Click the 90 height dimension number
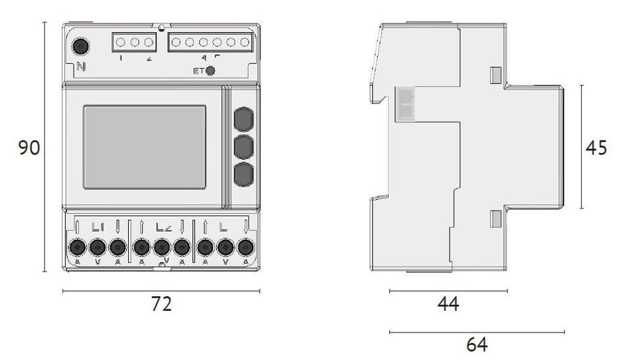pyautogui.click(x=29, y=148)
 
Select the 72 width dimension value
pyautogui.click(x=161, y=304)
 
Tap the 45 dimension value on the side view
pyautogui.click(x=596, y=148)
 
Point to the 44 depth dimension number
pyautogui.click(x=448, y=304)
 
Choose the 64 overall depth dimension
pyautogui.click(x=477, y=344)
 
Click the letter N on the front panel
pyautogui.click(x=81, y=66)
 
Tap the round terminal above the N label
pyautogui.click(x=81, y=47)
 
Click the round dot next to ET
pyautogui.click(x=210, y=71)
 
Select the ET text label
pyautogui.click(x=198, y=71)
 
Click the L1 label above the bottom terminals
pyautogui.click(x=98, y=227)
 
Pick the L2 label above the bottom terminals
pyautogui.click(x=163, y=227)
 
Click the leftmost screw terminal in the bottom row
pyautogui.click(x=78, y=248)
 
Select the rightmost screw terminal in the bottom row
pyautogui.click(x=246, y=248)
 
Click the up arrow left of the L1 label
pyautogui.click(x=78, y=227)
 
